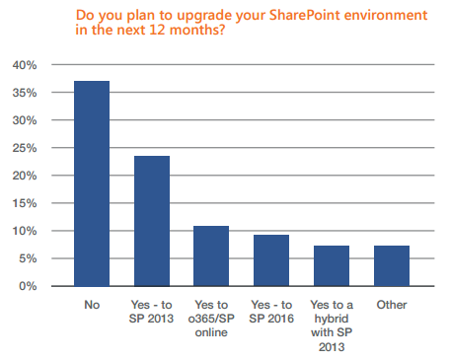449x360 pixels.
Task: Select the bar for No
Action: click(x=92, y=183)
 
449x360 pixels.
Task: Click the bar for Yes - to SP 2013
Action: click(x=152, y=221)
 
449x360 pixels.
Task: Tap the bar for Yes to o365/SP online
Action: click(x=211, y=256)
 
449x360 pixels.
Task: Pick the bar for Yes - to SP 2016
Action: click(x=271, y=260)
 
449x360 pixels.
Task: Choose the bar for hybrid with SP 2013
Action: click(x=332, y=266)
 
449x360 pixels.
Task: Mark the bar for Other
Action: click(x=392, y=266)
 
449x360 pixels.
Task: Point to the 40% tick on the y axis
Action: click(x=25, y=65)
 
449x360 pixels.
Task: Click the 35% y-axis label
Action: click(x=25, y=93)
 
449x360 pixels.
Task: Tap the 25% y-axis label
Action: click(x=25, y=148)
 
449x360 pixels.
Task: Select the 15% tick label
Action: click(x=25, y=203)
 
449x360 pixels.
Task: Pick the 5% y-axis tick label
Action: click(x=28, y=258)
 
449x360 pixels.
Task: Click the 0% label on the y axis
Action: click(x=28, y=286)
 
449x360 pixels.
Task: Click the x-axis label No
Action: click(x=92, y=305)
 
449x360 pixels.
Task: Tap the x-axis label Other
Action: click(x=392, y=305)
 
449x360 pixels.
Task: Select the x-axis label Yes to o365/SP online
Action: click(x=211, y=319)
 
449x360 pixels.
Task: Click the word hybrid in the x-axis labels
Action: click(x=332, y=320)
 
